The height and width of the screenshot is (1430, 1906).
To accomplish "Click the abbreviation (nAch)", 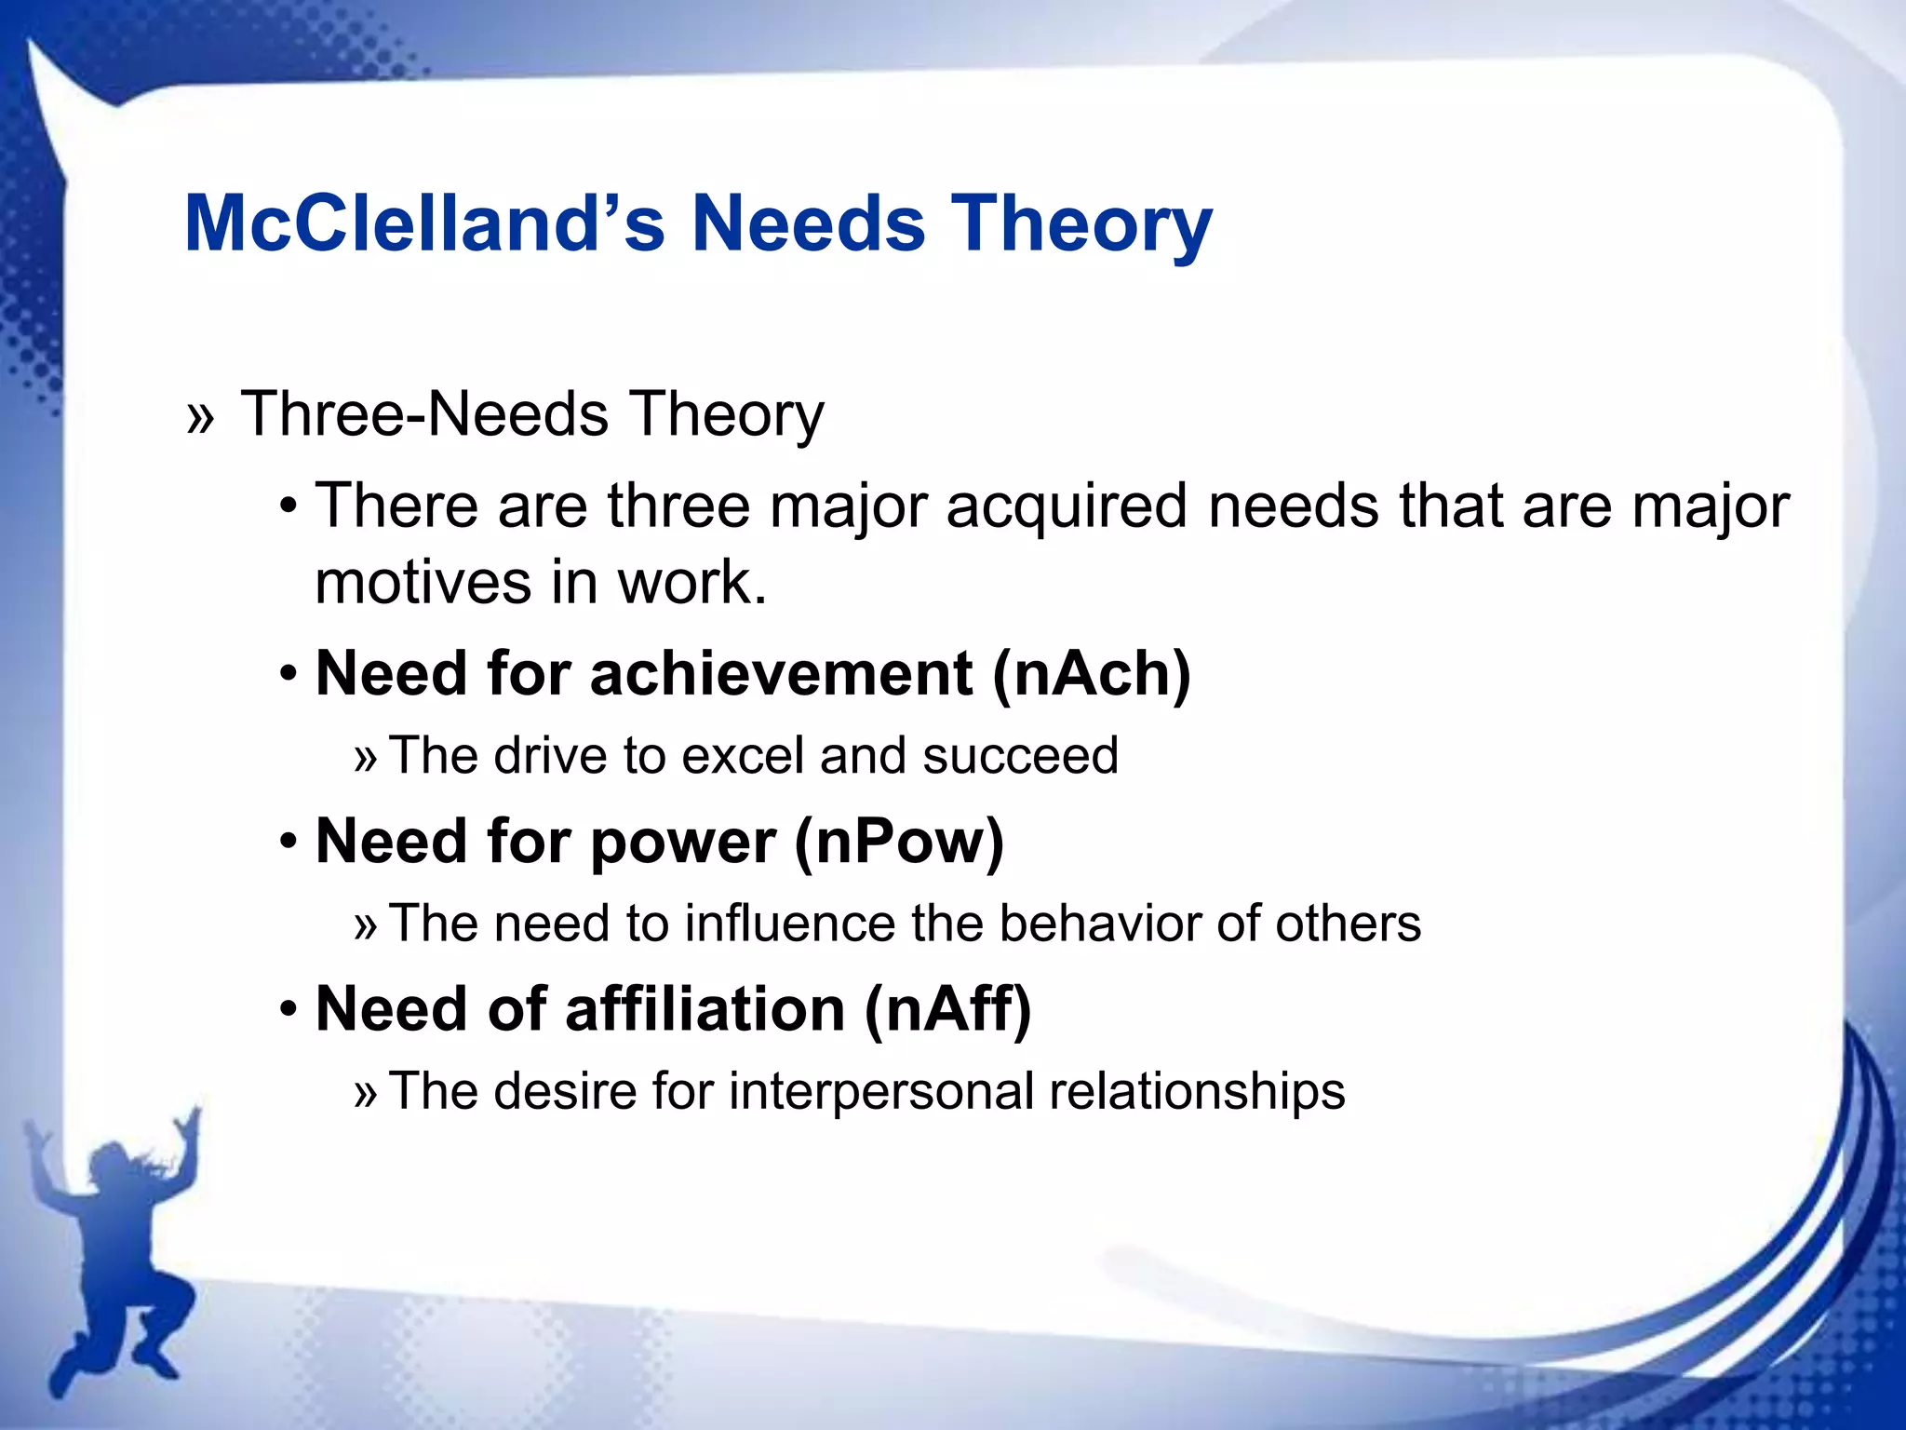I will pos(1091,673).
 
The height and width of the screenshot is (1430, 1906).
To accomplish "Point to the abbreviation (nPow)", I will pos(899,842).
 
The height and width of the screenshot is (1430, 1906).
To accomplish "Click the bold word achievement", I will pos(782,673).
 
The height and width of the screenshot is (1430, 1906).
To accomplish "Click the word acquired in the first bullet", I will pos(1067,508).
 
